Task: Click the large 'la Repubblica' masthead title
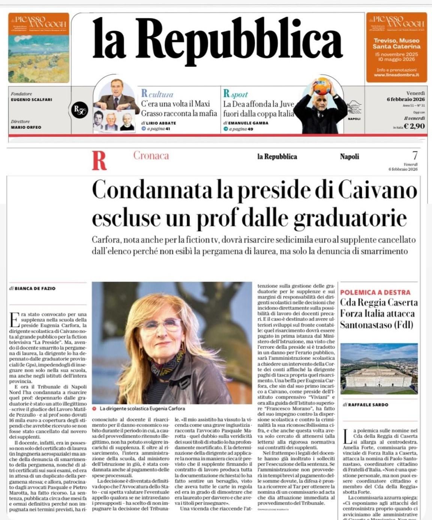point(217,39)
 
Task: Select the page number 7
point(415,155)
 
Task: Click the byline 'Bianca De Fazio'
point(35,288)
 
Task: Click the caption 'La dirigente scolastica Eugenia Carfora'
point(142,408)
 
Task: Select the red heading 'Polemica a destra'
point(375,292)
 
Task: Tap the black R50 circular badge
point(79,110)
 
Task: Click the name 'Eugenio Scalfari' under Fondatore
point(31,99)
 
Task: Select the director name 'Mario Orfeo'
point(26,127)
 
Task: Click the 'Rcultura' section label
point(157,93)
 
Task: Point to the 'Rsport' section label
point(235,93)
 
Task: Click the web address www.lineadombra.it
point(396,75)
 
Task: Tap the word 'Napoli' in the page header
point(349,157)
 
